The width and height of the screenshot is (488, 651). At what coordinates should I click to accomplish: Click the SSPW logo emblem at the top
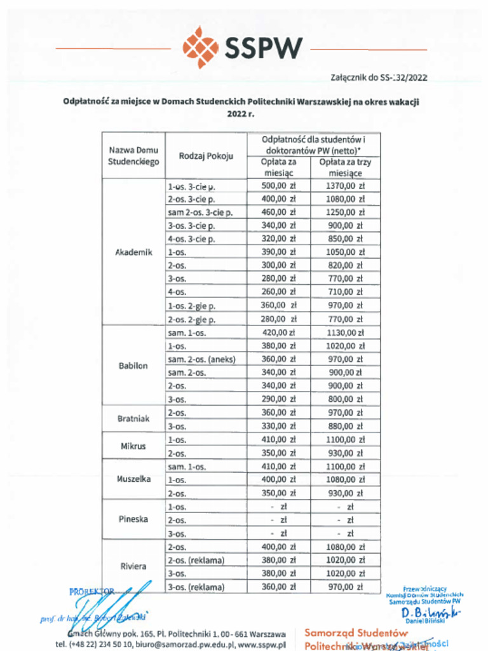[201, 47]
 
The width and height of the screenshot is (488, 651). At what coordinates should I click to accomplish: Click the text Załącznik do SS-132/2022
[379, 78]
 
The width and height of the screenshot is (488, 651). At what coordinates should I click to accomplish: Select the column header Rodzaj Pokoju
[206, 156]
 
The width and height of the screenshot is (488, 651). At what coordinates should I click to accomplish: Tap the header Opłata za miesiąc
[279, 167]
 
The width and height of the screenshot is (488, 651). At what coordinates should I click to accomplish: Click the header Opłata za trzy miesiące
[346, 167]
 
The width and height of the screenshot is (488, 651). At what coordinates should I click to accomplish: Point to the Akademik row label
[133, 252]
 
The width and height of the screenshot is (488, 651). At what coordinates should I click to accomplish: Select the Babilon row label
[133, 366]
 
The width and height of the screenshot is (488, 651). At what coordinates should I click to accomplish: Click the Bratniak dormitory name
[133, 419]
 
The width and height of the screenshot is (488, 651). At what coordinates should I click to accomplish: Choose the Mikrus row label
[133, 446]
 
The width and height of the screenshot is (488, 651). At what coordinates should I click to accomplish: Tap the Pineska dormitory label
[133, 519]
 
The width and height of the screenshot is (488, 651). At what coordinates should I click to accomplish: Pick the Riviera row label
[133, 566]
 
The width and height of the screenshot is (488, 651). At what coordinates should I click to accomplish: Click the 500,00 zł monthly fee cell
[279, 186]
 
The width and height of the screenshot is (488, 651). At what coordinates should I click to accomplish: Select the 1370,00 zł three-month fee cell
[346, 186]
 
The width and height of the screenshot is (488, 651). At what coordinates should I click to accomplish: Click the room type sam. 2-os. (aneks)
[201, 360]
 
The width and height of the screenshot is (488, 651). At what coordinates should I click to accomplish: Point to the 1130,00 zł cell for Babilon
[346, 332]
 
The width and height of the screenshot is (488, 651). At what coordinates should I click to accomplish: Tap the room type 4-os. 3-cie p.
[191, 239]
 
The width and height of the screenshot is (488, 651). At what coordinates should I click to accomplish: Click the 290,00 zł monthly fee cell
[279, 400]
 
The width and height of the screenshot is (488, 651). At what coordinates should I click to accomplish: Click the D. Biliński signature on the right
[431, 613]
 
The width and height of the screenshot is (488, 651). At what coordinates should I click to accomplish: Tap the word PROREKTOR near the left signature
[91, 591]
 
